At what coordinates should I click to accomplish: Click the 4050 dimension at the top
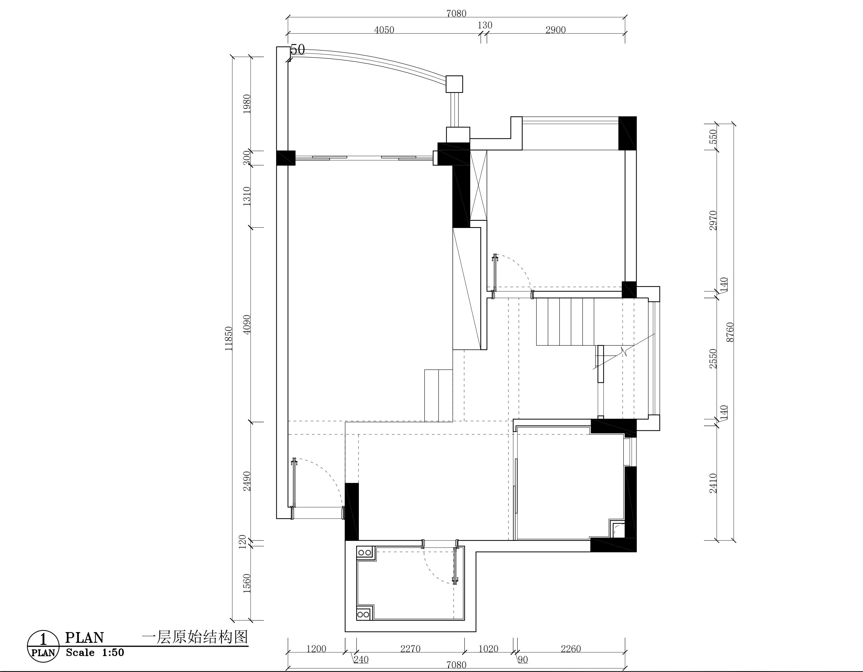pos(384,30)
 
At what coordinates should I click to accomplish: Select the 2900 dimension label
pos(555,30)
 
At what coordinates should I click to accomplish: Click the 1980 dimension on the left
pos(247,104)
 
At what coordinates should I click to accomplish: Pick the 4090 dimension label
pos(247,325)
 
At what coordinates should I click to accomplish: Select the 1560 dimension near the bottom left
pos(247,583)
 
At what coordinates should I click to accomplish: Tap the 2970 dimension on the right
pos(713,220)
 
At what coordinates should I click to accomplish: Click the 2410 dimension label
pos(713,483)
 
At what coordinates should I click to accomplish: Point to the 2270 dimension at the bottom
pos(410,649)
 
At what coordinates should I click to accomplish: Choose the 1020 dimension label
pos(488,649)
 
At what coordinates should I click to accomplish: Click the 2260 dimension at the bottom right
pos(571,649)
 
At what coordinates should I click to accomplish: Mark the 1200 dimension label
pos(316,649)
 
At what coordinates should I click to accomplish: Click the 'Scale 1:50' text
pos(95,653)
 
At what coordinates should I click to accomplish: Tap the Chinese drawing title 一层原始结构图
pos(195,637)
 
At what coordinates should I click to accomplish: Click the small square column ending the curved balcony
pos(454,84)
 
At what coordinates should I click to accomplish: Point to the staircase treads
pos(565,322)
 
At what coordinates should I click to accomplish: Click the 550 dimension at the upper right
pos(713,136)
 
